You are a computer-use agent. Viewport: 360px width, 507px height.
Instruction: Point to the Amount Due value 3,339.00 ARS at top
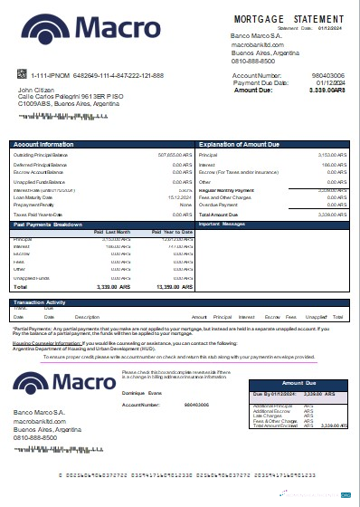tap(319, 91)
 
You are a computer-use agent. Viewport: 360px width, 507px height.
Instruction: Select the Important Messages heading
tap(222, 224)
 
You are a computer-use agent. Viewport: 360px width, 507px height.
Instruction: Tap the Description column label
tap(87, 318)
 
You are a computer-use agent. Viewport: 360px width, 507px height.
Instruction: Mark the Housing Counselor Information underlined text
tap(46, 344)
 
